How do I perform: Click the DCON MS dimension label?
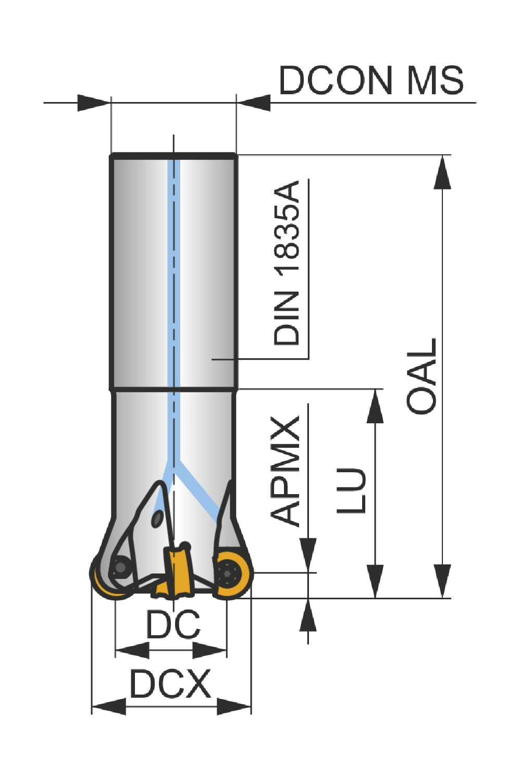372,80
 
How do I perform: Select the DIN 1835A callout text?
287,262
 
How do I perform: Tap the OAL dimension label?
421,376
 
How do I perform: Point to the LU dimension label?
351,490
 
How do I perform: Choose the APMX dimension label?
285,471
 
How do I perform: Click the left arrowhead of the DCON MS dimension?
94,103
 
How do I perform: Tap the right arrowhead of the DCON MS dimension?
253,103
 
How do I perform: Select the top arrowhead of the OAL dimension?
442,172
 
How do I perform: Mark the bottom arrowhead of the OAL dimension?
442,581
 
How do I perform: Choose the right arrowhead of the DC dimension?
210,650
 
